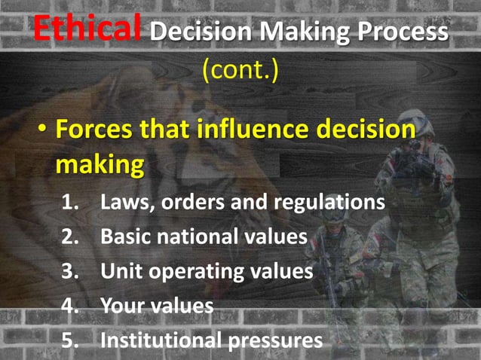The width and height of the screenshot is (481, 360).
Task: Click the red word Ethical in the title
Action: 87,29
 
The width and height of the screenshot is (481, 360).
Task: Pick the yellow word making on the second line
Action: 98,163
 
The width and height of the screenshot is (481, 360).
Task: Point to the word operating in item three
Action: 198,272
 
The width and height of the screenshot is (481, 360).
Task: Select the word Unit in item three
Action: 120,271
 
